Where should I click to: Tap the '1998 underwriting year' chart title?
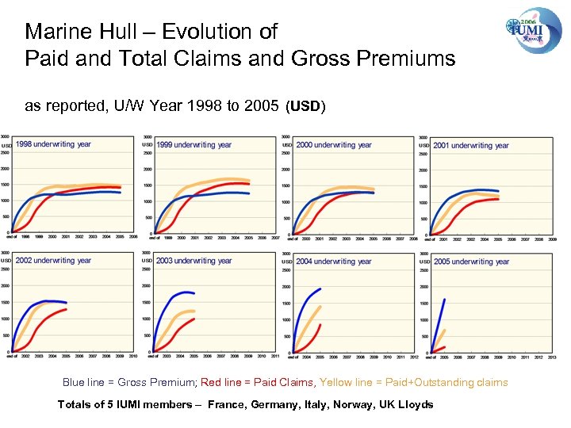[x=54, y=144]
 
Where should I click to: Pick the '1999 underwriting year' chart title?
[x=194, y=145]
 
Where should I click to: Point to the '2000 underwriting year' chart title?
[x=334, y=145]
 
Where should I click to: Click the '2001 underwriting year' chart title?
[x=471, y=145]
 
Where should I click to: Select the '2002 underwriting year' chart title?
[x=54, y=260]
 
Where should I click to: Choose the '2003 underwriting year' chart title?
[x=194, y=260]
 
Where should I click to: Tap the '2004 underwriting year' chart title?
[x=334, y=261]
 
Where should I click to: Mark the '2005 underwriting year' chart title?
[x=471, y=261]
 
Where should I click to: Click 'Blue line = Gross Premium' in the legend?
[x=129, y=382]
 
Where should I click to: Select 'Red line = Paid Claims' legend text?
[x=257, y=382]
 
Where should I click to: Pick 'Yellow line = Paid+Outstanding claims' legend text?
[x=413, y=382]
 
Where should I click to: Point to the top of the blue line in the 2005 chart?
[x=444, y=300]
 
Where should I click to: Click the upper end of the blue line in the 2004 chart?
[x=320, y=289]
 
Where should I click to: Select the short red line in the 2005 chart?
[x=439, y=349]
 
